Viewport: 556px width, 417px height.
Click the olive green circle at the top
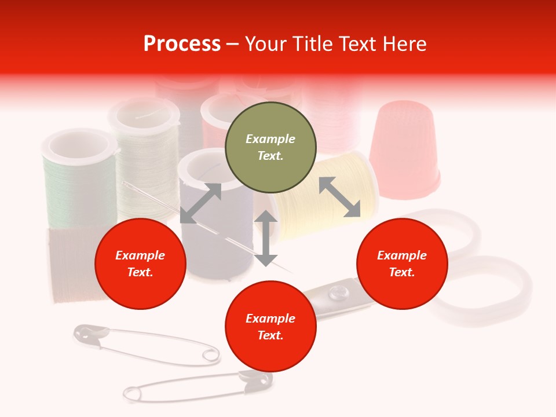pos(270,147)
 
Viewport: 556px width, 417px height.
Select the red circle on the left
pos(140,264)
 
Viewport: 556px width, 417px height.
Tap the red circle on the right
pos(402,264)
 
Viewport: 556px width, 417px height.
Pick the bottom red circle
pos(270,327)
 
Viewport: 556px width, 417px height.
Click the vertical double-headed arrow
pos(266,238)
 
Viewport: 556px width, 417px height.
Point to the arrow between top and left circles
pos(200,203)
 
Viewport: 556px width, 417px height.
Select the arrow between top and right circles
pos(339,197)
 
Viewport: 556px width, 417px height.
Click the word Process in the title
pos(182,44)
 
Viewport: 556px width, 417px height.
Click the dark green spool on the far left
pos(78,180)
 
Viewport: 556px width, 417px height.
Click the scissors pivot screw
pos(335,296)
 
